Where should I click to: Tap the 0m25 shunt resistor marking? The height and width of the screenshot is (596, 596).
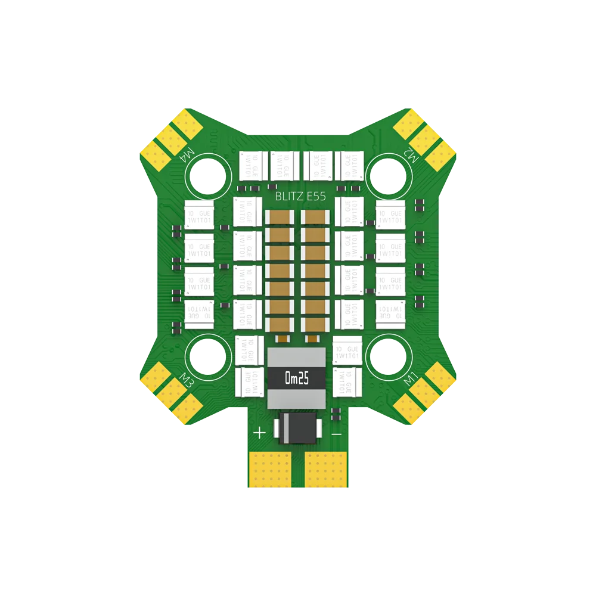coord(297,378)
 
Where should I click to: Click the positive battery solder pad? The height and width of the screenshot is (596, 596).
coord(268,468)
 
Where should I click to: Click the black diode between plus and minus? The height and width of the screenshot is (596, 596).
coord(297,428)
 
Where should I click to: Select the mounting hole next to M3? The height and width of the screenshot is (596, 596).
coord(209,357)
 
